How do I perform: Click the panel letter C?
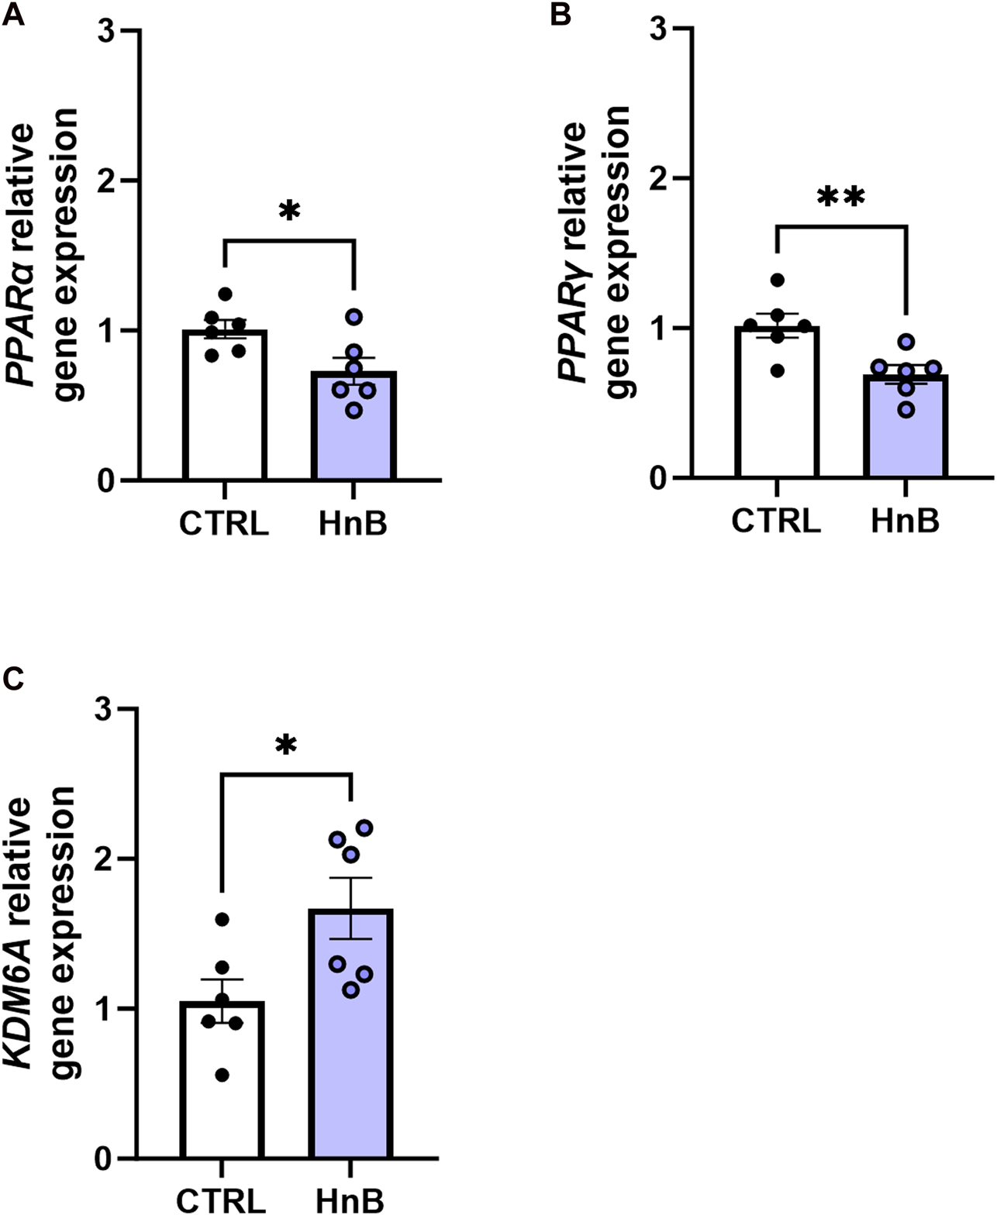(x=13, y=680)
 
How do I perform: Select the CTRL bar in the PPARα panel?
(x=225, y=418)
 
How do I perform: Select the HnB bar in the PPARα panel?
(x=354, y=434)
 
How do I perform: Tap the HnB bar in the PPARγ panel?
(x=906, y=434)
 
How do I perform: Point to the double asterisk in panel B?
(x=841, y=198)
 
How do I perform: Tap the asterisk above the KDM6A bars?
(x=286, y=746)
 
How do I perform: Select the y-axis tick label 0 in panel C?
(x=102, y=1160)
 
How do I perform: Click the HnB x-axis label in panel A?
(x=354, y=525)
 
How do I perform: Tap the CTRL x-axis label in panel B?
(x=776, y=521)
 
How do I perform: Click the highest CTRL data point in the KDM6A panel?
(x=222, y=920)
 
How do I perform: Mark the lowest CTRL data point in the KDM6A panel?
(x=222, y=1075)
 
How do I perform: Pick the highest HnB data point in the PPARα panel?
(x=354, y=316)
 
